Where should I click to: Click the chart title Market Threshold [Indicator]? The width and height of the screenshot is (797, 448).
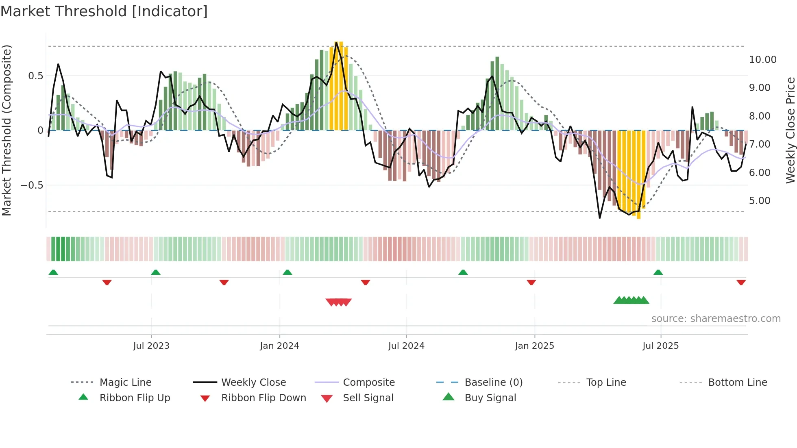104,11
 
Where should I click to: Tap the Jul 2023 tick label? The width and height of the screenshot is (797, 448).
151,346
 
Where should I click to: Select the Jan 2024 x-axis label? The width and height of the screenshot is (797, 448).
280,346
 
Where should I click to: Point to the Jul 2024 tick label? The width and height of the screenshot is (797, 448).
406,346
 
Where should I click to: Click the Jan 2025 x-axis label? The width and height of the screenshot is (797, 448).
534,346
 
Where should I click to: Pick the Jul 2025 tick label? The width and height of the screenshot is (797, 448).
661,346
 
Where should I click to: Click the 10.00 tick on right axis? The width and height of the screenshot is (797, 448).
763,60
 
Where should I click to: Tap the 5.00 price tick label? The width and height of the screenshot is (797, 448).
760,201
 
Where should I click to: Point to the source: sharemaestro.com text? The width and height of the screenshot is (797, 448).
716,319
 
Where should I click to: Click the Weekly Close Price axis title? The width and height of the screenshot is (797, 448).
790,130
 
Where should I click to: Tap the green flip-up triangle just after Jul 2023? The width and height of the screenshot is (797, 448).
156,272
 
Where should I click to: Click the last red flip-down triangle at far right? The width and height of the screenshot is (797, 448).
741,282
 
